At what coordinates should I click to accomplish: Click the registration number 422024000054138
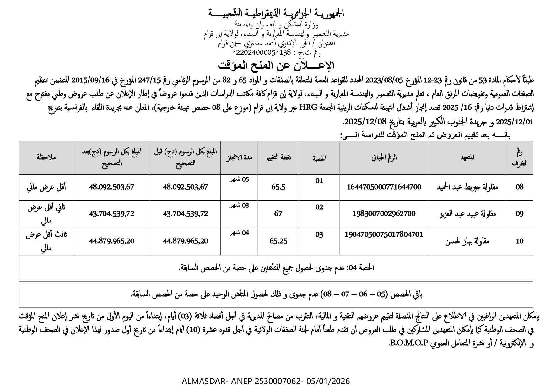(262, 52)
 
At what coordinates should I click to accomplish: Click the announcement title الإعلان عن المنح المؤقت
(276, 66)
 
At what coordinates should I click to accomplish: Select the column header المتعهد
(467, 157)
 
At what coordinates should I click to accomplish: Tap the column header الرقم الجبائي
(384, 157)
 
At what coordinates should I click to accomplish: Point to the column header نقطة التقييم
(278, 157)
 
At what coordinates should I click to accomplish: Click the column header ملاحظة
(46, 157)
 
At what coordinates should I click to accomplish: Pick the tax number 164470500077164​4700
(384, 187)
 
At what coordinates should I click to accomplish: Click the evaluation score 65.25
(278, 241)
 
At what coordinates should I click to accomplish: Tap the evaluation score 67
(278, 214)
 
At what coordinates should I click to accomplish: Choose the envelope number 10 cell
(520, 241)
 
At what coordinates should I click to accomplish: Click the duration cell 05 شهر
(239, 180)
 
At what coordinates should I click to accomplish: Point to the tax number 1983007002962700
(384, 214)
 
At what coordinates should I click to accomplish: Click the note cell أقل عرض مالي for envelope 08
(46, 187)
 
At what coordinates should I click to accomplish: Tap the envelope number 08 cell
(520, 187)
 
